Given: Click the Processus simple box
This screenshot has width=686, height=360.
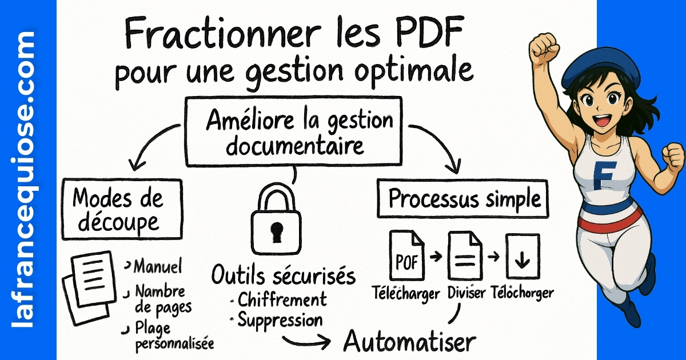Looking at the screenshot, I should pyautogui.click(x=464, y=200).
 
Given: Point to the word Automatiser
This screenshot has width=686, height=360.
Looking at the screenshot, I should pyautogui.click(x=409, y=342).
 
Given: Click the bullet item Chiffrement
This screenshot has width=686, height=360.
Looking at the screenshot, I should pyautogui.click(x=282, y=299).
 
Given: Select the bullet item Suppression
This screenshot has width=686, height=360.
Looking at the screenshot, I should pyautogui.click(x=280, y=319).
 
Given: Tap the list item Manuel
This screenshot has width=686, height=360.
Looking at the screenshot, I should pyautogui.click(x=157, y=266).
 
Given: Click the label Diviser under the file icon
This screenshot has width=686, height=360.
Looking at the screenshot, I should pyautogui.click(x=466, y=293).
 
